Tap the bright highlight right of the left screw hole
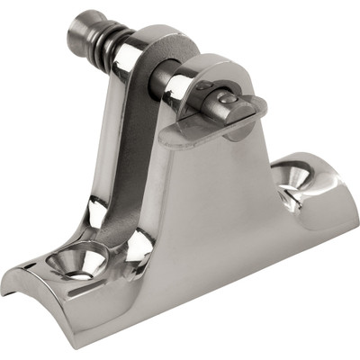pyautogui.click(x=135, y=243)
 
